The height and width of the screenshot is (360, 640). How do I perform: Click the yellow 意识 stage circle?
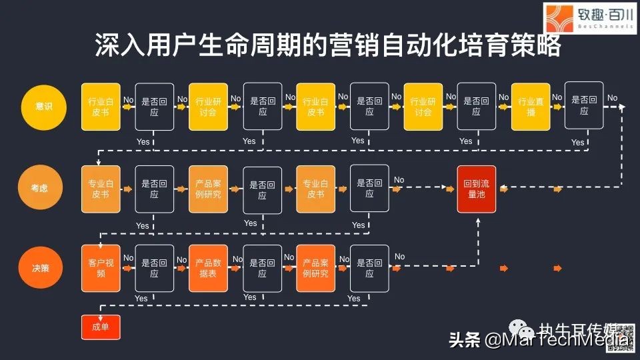[x=43, y=106]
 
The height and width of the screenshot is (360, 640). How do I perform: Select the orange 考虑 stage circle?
[x=43, y=189]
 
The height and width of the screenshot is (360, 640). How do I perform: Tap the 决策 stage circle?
[x=43, y=268]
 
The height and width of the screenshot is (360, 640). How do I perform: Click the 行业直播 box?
[x=531, y=106]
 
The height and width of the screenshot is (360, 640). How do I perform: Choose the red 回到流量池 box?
[x=477, y=189]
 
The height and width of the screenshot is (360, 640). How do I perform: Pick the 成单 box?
[x=101, y=327]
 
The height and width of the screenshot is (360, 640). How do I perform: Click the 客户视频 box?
[x=101, y=268]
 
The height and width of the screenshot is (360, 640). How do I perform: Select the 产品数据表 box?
[x=208, y=268]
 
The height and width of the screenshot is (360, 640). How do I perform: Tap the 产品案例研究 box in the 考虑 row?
[x=208, y=189]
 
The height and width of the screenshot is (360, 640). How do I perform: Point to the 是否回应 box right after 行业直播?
[x=584, y=105]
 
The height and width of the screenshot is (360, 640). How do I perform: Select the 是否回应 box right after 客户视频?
[x=154, y=268]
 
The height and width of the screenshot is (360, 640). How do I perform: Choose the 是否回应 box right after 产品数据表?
[x=262, y=268]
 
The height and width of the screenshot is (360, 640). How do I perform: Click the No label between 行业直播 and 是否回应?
[x=557, y=97]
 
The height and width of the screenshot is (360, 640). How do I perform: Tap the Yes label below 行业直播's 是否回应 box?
[x=577, y=142]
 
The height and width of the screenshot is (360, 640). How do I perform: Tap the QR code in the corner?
[x=623, y=336]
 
